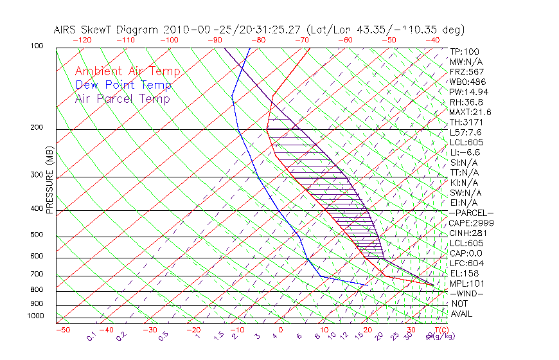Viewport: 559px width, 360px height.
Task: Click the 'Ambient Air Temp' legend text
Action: click(x=127, y=72)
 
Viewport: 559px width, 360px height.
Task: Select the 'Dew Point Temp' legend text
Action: click(x=123, y=85)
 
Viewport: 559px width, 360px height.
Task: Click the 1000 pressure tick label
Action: click(x=36, y=316)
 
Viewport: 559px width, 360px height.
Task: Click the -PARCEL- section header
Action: click(x=471, y=213)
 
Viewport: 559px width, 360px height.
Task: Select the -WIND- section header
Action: click(x=466, y=294)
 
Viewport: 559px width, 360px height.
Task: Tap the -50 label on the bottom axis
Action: click(x=62, y=330)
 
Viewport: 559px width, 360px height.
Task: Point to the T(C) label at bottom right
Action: click(x=439, y=330)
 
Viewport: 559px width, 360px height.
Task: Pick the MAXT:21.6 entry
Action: click(x=470, y=112)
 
